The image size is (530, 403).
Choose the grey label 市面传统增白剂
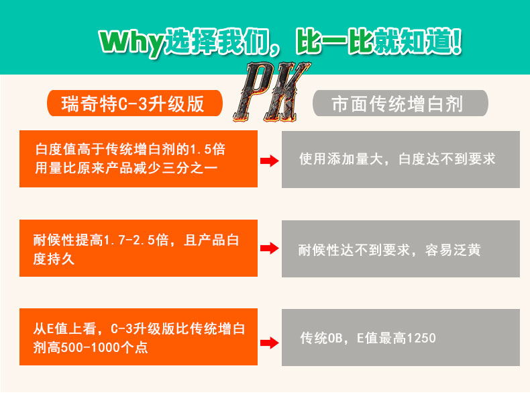401,104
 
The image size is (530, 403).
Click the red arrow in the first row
269,160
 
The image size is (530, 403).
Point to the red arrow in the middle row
269,249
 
